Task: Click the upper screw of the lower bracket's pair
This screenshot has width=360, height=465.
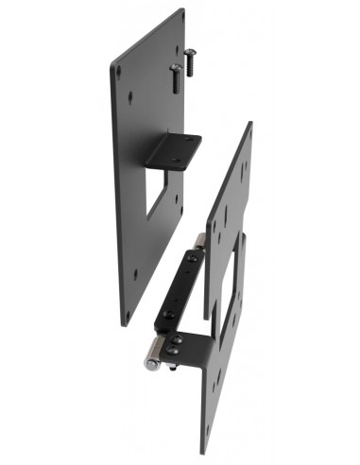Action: coord(175,337)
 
